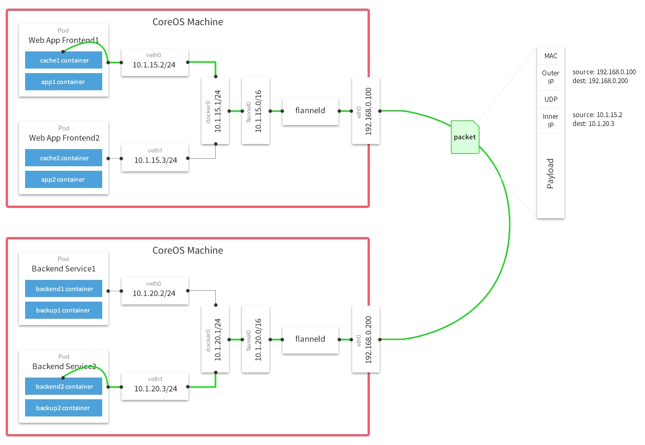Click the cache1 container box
63,60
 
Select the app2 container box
63,179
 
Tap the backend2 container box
63,387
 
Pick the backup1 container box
63,310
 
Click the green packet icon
465,137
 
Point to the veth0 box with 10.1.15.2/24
154,62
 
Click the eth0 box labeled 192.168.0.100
366,110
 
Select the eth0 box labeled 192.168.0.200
366,339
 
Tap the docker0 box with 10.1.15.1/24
215,110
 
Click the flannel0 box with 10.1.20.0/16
255,339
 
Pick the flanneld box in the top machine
310,110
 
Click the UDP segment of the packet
551,99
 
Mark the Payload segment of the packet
551,174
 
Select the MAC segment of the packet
551,56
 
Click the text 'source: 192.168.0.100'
603,73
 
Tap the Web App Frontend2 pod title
64,138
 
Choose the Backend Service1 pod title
64,268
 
